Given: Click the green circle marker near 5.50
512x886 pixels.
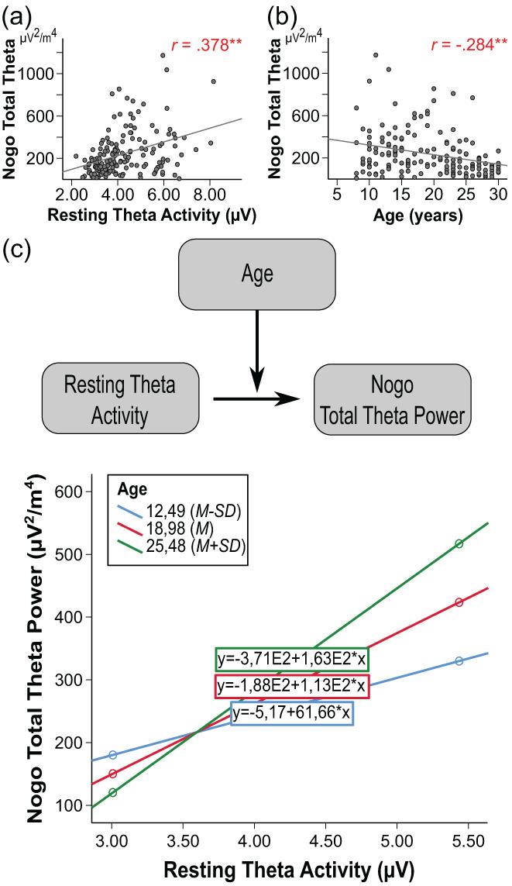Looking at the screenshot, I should [459, 543].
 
